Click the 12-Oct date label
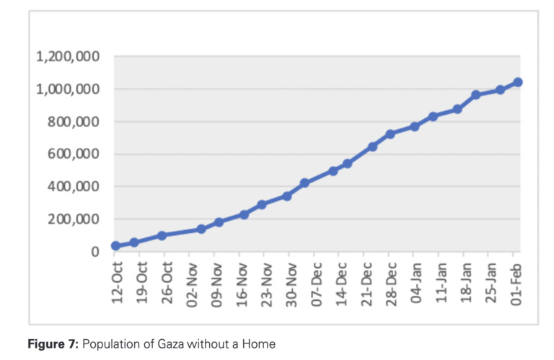(x=115, y=283)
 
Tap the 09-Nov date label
(x=215, y=283)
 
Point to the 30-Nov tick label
(x=289, y=283)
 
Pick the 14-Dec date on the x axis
(x=339, y=283)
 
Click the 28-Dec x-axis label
(x=389, y=283)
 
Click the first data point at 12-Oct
(x=115, y=246)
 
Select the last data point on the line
(x=518, y=82)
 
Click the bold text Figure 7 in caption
(x=53, y=344)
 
